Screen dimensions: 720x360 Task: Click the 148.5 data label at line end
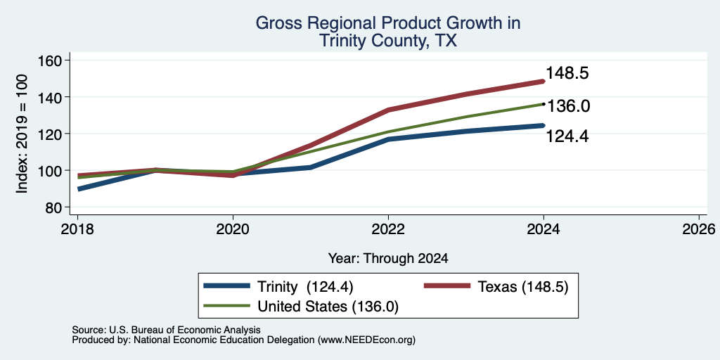tap(567, 73)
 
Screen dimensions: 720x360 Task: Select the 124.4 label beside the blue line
tap(567, 136)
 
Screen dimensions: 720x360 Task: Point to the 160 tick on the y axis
tap(52, 60)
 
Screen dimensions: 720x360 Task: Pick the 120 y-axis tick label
tap(52, 134)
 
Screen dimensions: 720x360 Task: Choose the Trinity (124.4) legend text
tap(305, 287)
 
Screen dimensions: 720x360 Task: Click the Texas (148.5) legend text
tap(523, 287)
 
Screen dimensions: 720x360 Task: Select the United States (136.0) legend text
tap(328, 307)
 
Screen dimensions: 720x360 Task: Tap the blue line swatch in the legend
tap(227, 285)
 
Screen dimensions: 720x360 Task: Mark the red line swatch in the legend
tap(446, 285)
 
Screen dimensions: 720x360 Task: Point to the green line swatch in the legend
tap(227, 305)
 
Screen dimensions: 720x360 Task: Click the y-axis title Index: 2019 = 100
tap(22, 134)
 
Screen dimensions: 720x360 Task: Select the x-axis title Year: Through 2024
tap(388, 259)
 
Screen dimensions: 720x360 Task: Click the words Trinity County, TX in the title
tap(388, 41)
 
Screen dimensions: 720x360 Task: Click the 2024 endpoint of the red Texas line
tap(544, 82)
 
